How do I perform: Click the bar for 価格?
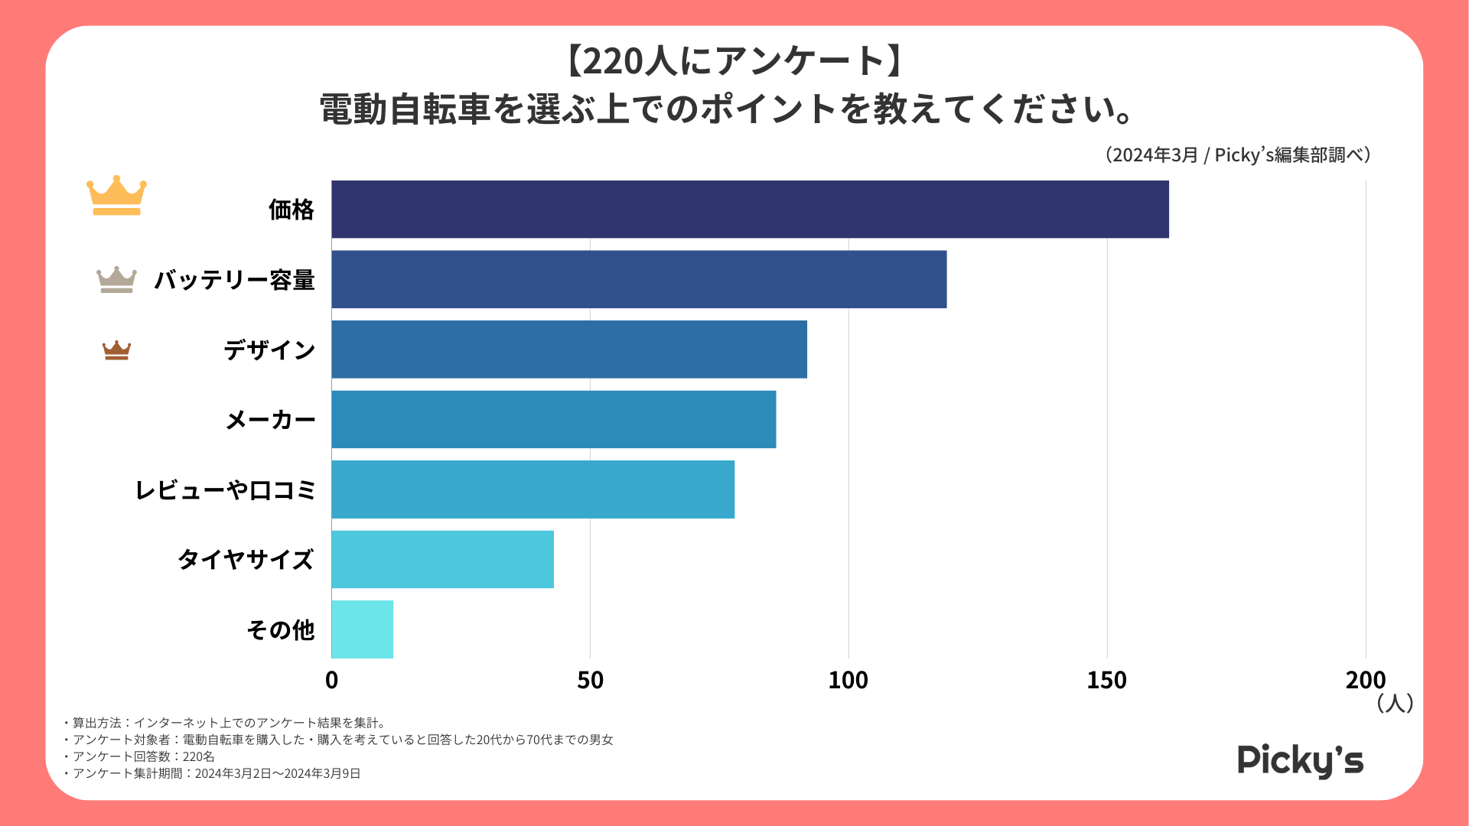coord(750,210)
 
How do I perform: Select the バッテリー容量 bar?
coord(639,279)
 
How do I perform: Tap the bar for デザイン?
coord(569,350)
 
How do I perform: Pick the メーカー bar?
coord(553,419)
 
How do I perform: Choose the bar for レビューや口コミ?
coord(533,489)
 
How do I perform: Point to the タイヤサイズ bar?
coord(442,559)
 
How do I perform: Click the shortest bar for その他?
coord(362,629)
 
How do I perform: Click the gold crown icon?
coord(116,196)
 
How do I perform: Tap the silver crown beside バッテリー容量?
coord(116,280)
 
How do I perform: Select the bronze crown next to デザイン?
coord(116,350)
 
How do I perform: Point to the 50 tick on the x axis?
coord(590,680)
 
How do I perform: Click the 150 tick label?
coord(1106,680)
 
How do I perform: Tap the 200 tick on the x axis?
coord(1365,680)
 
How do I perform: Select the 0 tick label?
coord(331,680)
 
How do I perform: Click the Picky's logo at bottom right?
coord(1300,761)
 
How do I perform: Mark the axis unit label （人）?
coord(1394,703)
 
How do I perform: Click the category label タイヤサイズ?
coord(246,560)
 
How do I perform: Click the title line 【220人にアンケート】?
coord(734,61)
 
